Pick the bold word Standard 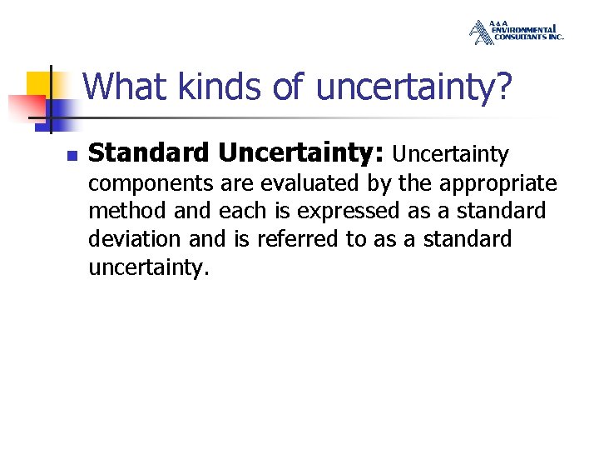point(149,153)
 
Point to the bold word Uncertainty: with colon point(300,153)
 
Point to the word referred point(299,239)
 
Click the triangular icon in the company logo point(481,32)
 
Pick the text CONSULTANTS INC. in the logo point(528,37)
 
